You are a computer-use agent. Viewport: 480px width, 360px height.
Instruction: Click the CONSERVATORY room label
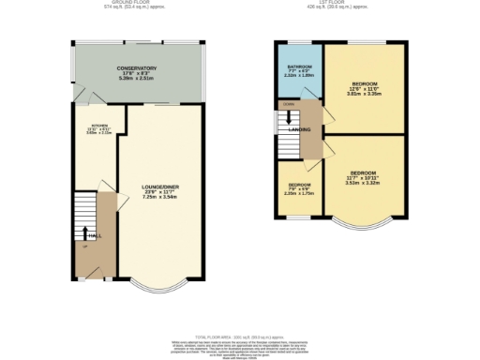[x=136, y=68]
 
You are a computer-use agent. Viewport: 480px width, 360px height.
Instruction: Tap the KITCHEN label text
[x=98, y=125]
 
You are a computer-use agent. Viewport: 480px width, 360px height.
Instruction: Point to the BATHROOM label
[x=300, y=67]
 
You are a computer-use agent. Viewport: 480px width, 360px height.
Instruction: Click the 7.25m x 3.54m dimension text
[x=161, y=198]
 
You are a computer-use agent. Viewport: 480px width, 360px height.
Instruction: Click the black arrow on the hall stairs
[x=86, y=234]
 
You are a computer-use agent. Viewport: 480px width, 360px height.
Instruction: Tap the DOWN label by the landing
[x=288, y=102]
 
